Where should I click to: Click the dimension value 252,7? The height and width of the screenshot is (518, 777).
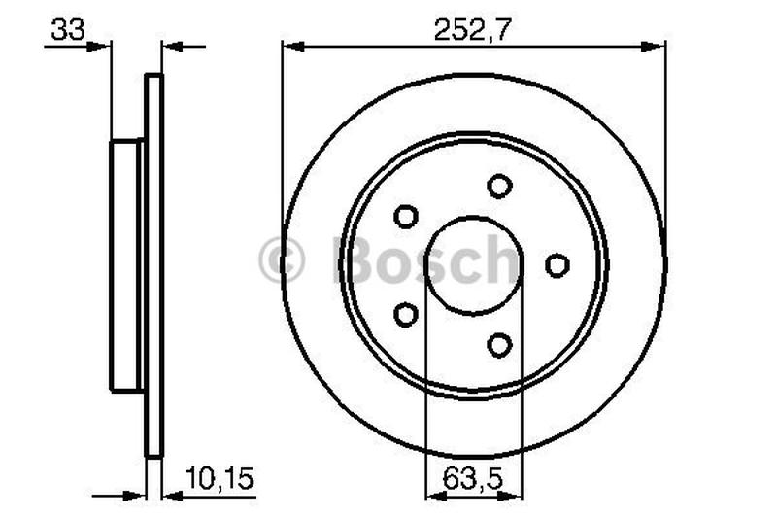[473, 29]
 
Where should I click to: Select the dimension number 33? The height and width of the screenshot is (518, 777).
[67, 30]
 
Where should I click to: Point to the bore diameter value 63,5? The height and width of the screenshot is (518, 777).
[474, 478]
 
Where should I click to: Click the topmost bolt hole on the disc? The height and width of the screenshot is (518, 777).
[499, 185]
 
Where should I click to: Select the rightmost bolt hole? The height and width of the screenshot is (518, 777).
[557, 264]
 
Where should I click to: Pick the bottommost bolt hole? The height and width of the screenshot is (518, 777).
[499, 344]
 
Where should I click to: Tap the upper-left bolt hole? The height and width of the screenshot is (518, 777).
[406, 216]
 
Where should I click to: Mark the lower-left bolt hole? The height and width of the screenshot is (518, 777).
[406, 314]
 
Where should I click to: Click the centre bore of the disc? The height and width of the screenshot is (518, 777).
[474, 264]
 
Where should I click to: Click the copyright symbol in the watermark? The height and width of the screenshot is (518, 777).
[282, 261]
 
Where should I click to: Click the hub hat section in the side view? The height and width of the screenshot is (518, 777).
[126, 264]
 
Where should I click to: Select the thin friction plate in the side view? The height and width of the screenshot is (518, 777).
[153, 264]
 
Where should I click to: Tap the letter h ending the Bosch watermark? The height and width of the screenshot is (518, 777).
[502, 260]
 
